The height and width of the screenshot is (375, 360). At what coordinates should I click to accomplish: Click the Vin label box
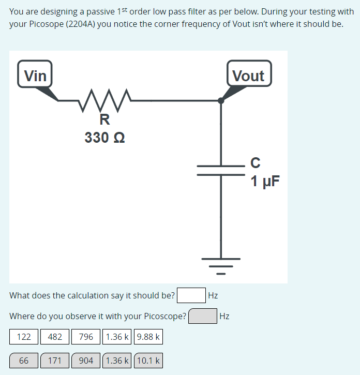pos(35,76)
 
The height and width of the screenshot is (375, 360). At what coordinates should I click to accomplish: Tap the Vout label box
pos(248,76)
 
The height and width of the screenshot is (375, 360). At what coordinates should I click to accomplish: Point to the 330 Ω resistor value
pos(104,138)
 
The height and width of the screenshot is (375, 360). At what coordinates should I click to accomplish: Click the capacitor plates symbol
pos(221,170)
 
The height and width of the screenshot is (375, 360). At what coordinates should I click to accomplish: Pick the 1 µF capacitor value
pos(265,181)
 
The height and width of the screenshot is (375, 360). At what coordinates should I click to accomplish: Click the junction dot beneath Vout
pos(221,100)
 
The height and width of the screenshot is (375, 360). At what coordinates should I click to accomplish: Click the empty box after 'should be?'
pos(191,295)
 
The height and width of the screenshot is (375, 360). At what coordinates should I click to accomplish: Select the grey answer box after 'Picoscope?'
pos(203,316)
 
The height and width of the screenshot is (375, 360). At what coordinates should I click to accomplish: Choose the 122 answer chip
pos(24,337)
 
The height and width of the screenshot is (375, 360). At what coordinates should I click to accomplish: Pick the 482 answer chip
pos(55,337)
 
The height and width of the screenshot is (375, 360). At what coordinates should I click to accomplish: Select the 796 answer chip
pos(86,337)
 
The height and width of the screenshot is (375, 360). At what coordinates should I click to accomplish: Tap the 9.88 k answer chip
pos(148,337)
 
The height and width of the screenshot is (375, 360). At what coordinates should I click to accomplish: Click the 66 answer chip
pos(24,360)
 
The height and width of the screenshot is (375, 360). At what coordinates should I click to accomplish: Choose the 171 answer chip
pos(55,360)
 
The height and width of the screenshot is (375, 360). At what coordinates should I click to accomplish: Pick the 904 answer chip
pos(86,360)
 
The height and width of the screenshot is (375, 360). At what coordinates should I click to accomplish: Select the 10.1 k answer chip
pos(148,360)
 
